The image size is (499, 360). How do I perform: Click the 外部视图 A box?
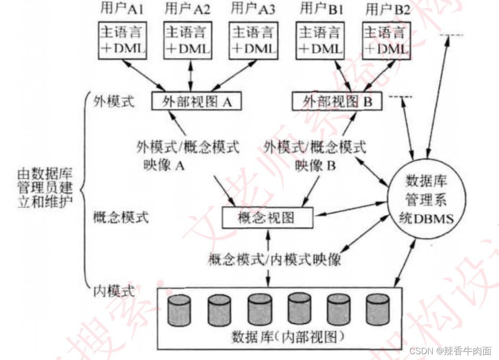(196, 101)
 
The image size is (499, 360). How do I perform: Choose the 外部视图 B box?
(337, 101)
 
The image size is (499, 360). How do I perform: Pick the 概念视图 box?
(267, 218)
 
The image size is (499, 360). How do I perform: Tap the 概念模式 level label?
(121, 218)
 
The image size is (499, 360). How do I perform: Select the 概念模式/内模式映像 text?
(275, 259)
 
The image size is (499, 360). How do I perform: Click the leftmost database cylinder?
(178, 310)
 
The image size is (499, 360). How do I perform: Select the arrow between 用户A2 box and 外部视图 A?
(191, 75)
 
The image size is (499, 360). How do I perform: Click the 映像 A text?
(164, 165)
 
